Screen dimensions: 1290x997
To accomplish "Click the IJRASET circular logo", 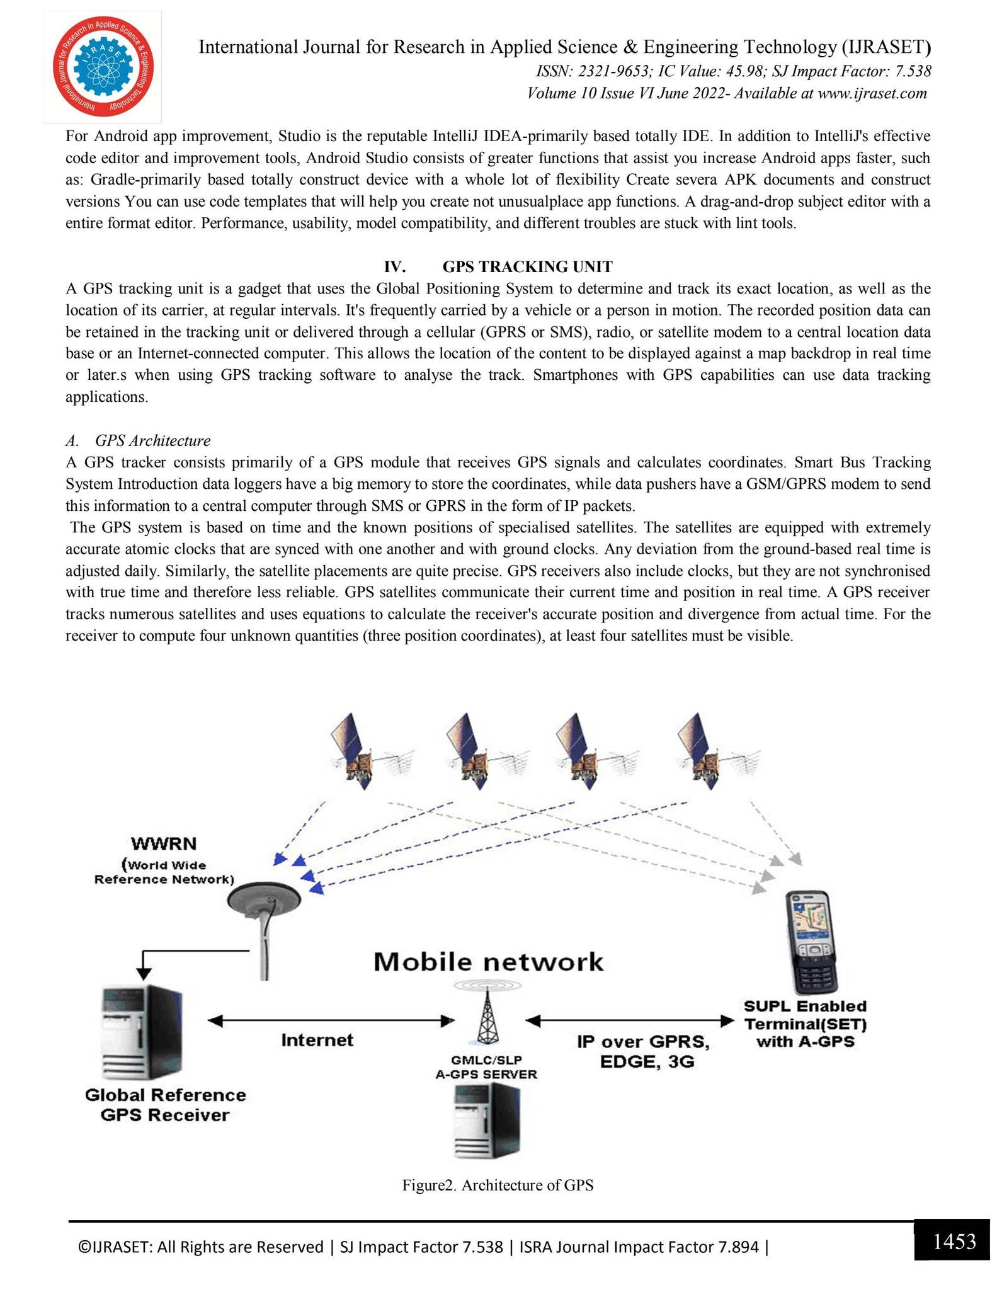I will coord(103,66).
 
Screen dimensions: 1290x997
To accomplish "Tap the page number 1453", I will coord(954,1241).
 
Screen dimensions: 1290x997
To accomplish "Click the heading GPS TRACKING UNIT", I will coord(527,266).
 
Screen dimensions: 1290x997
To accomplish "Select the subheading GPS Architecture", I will coord(152,440).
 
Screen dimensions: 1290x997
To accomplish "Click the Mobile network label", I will coord(488,962).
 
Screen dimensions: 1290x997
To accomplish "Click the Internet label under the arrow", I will coord(317,1039).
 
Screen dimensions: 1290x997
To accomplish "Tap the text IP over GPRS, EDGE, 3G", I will coord(643,1051).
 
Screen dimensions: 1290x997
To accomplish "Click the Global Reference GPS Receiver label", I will coord(165,1105).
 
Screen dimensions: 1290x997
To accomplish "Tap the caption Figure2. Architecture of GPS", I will coord(498,1185).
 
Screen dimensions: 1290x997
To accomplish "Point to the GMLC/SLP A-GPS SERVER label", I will coord(486,1066).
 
